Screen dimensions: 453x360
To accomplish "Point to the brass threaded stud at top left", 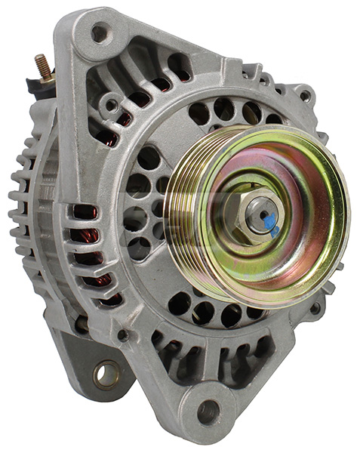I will [45, 67].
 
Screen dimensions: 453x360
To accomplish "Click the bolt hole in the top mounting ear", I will [98, 32].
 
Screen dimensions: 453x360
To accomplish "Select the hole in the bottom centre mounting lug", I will [208, 411].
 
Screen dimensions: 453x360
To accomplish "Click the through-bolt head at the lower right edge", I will [315, 307].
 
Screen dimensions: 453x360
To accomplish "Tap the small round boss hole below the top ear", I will [112, 104].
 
